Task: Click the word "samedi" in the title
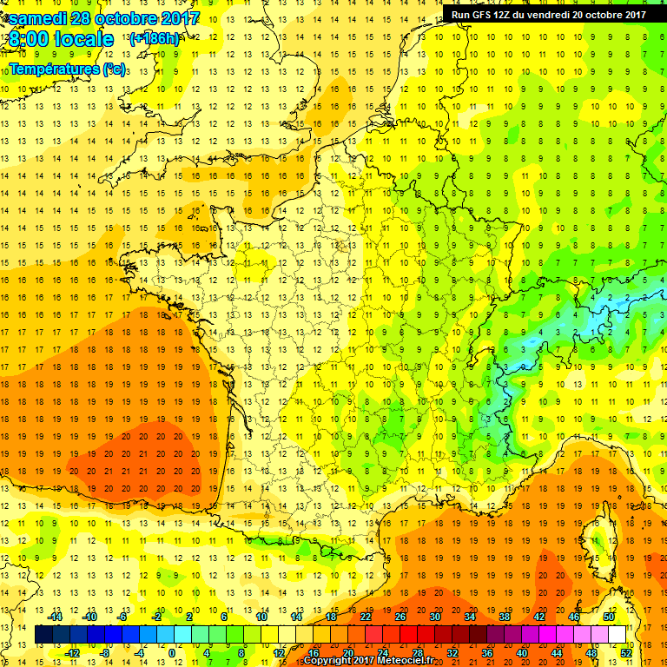(x=38, y=18)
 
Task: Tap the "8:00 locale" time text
(x=61, y=39)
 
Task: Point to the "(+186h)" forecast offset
(x=155, y=39)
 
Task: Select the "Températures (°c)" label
(x=68, y=69)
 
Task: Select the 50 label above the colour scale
(x=609, y=617)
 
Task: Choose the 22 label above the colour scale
(x=365, y=617)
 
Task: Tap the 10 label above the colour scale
(x=261, y=617)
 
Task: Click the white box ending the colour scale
(x=617, y=635)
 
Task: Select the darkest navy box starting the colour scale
(x=43, y=635)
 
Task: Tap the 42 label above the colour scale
(x=539, y=617)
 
